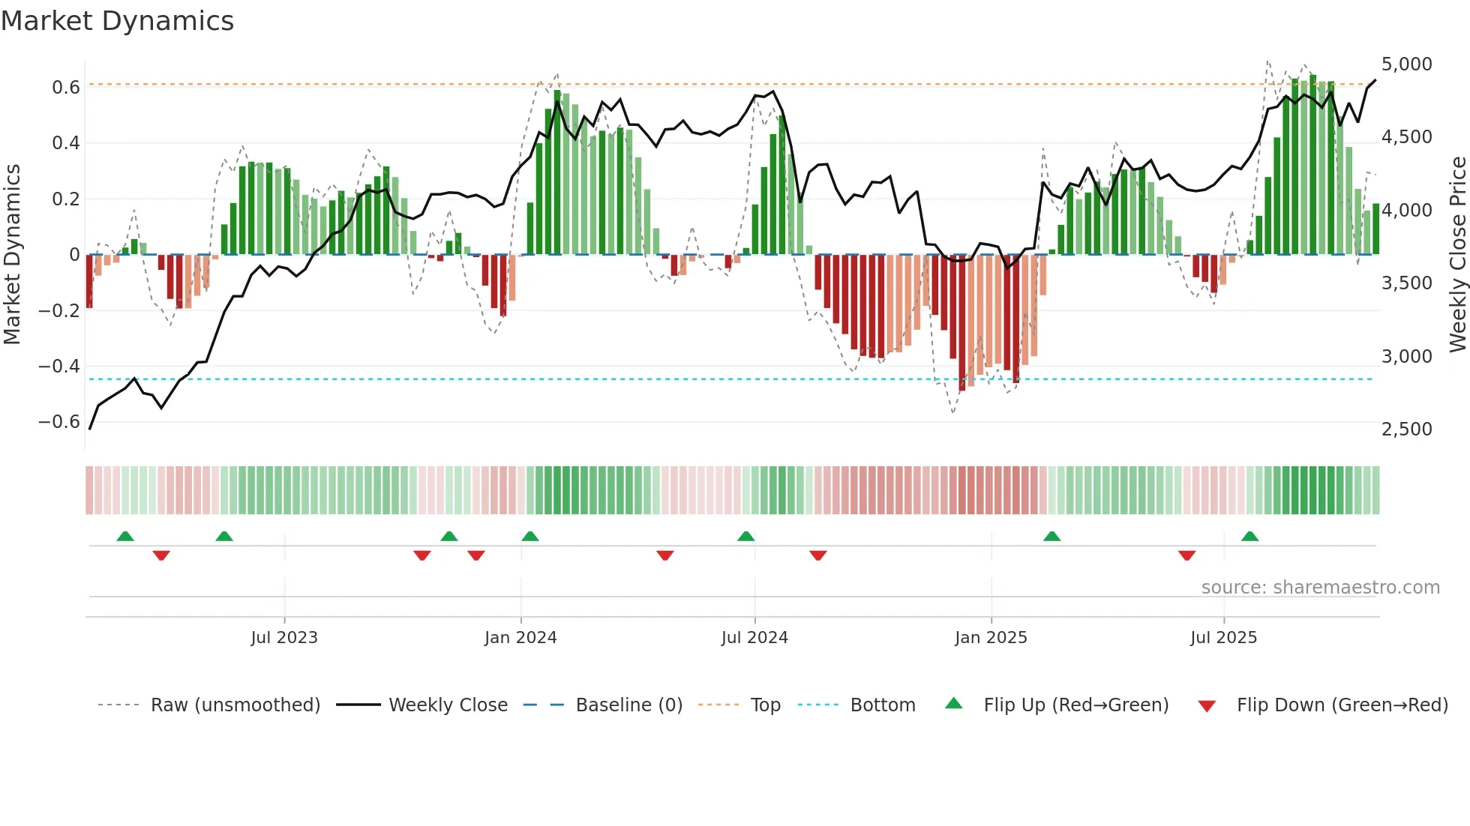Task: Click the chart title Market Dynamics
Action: [117, 21]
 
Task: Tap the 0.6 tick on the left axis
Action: [66, 88]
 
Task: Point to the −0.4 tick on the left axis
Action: [59, 367]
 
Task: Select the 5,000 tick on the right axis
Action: [1406, 64]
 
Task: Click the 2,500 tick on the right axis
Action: [1406, 429]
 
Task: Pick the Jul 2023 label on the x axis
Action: [284, 638]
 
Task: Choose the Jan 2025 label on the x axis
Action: [991, 638]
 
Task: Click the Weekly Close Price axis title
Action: [1457, 254]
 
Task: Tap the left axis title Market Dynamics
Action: [12, 254]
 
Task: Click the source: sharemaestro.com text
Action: [1320, 588]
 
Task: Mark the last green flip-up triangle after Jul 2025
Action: [1249, 537]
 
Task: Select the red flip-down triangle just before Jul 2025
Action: [1186, 555]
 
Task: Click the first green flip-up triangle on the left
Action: [125, 537]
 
